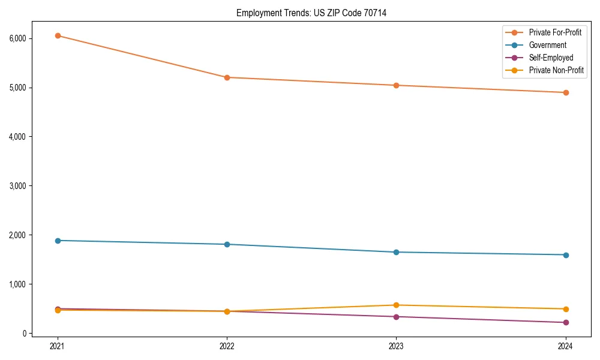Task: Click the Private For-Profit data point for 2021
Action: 58,35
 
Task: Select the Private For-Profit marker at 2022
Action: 227,77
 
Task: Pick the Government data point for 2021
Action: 58,241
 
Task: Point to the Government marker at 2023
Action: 397,252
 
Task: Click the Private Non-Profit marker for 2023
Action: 397,305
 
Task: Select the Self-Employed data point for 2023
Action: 397,317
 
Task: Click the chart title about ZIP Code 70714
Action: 311,13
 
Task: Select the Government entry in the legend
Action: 547,45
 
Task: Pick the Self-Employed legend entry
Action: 551,58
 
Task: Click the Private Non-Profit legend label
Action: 556,70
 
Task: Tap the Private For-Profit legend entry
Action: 555,32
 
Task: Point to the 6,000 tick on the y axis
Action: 18,38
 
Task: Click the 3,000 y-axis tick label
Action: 18,186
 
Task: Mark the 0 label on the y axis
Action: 25,334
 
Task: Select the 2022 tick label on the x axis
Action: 227,346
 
